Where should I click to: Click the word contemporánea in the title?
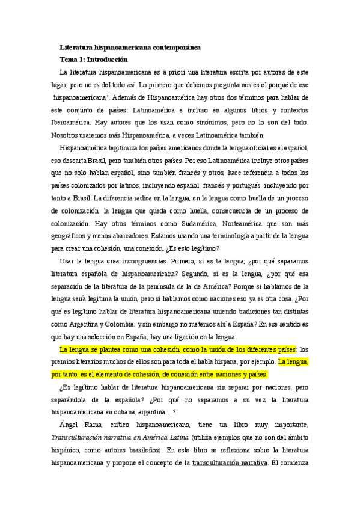[x=172, y=47]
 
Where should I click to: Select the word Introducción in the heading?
[x=108, y=60]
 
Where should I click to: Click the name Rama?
[x=93, y=426]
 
